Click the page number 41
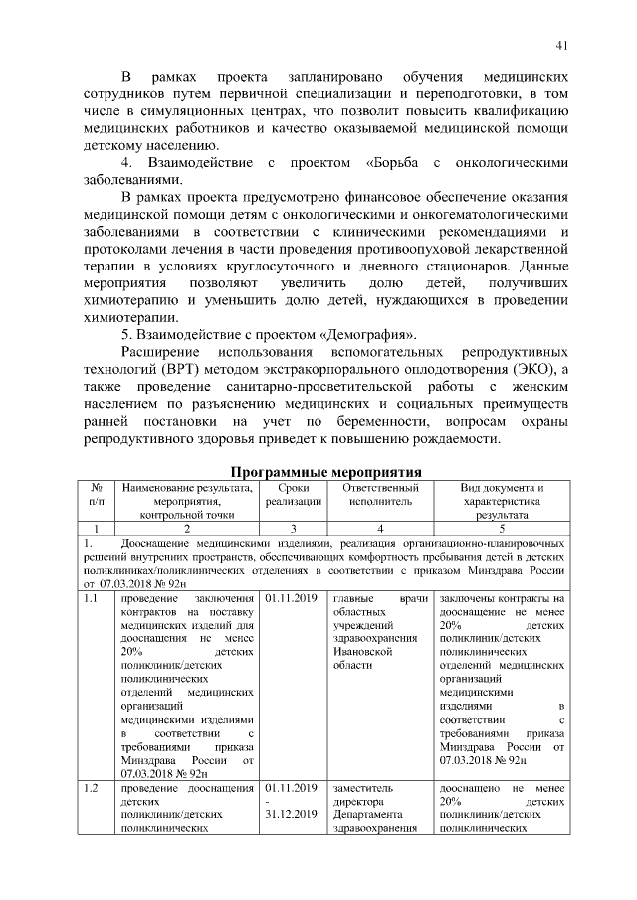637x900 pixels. [x=562, y=44]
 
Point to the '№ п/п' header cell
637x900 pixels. [x=97, y=496]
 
